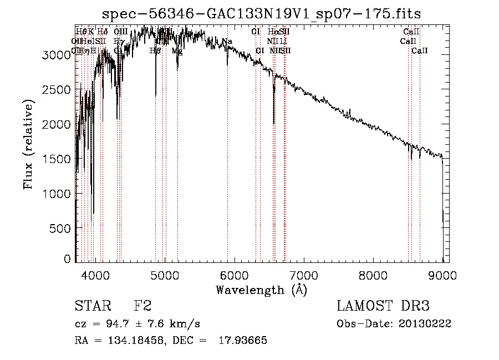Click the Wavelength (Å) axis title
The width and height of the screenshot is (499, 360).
[x=261, y=290]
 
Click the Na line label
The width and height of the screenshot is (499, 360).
[x=227, y=42]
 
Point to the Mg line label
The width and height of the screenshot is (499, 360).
[x=177, y=50]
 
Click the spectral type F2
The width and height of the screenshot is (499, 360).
[x=143, y=307]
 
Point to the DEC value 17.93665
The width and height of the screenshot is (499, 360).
[x=243, y=341]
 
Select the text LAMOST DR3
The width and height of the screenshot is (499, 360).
[x=383, y=307]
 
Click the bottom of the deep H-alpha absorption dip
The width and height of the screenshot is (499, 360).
[x=273, y=123]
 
